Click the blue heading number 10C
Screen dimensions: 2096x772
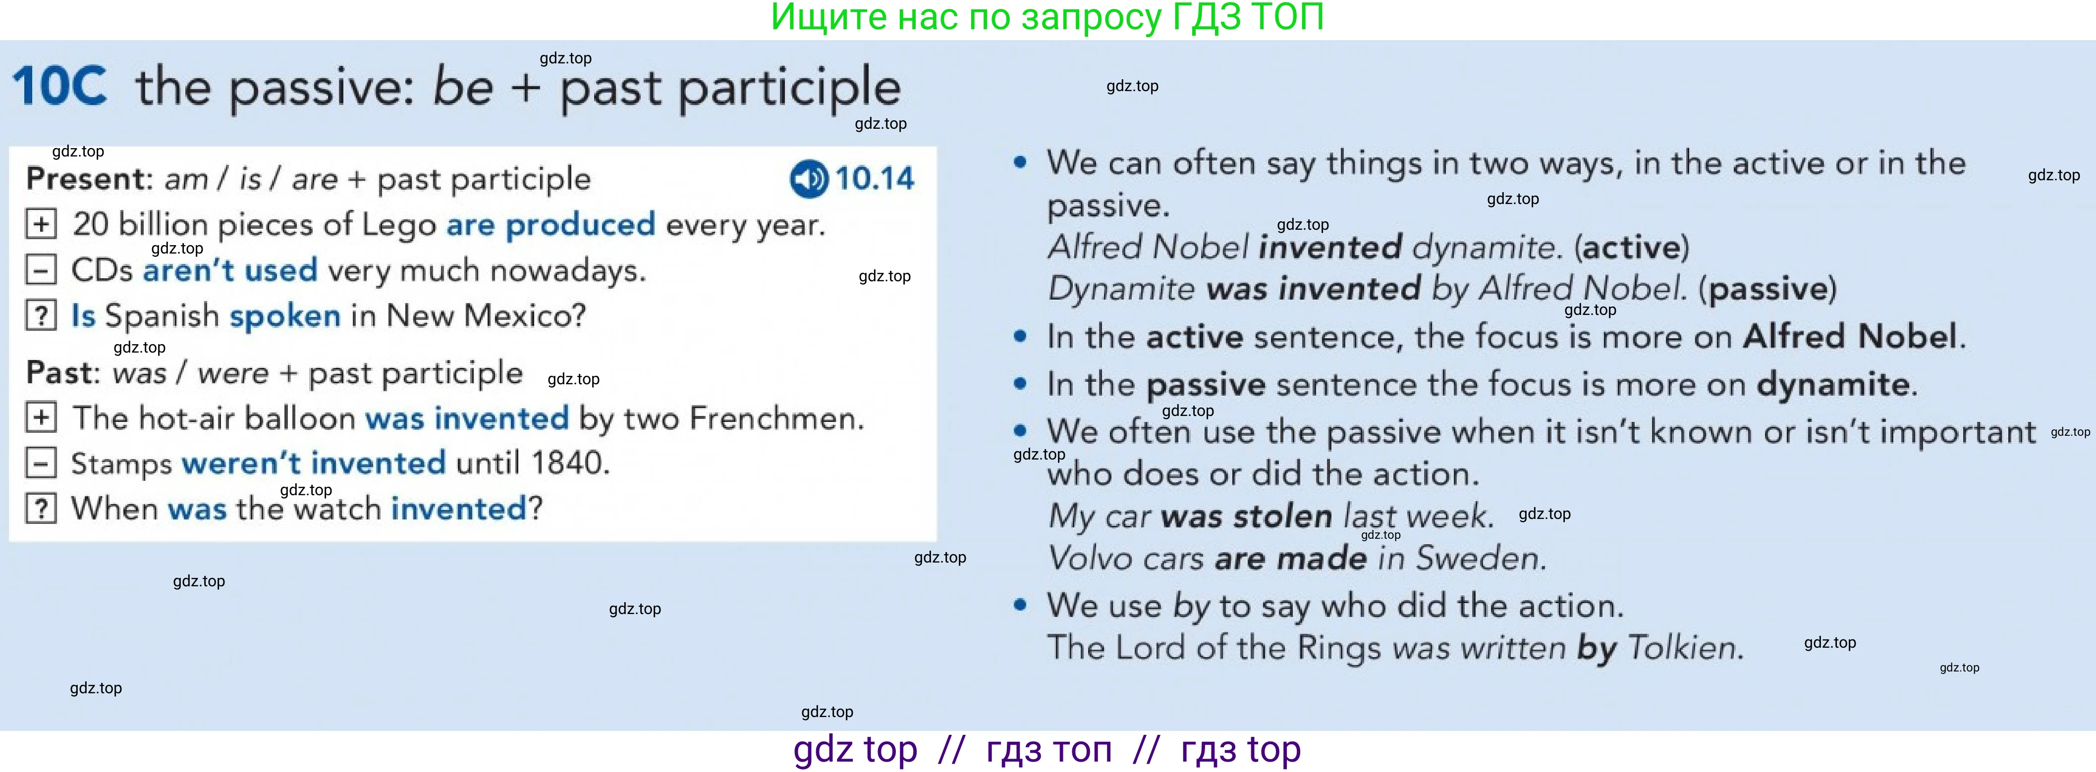[x=59, y=86]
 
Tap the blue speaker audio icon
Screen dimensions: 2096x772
[x=809, y=179]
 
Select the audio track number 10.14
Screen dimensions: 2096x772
[x=875, y=179]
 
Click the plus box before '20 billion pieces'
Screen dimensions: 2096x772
[x=41, y=224]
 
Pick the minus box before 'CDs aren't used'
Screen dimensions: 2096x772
[x=41, y=269]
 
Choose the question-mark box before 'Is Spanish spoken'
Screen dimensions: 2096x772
[x=41, y=315]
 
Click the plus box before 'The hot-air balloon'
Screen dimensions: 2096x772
[x=41, y=417]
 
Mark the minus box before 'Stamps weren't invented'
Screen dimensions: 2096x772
[x=41, y=463]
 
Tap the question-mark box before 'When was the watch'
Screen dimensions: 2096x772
[x=41, y=509]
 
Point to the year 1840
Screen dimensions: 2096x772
[x=569, y=463]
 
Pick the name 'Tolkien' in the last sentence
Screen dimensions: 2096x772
[x=1685, y=648]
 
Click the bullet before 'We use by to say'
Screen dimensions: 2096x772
[x=1020, y=605]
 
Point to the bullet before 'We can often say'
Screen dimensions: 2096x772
[x=1020, y=162]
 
